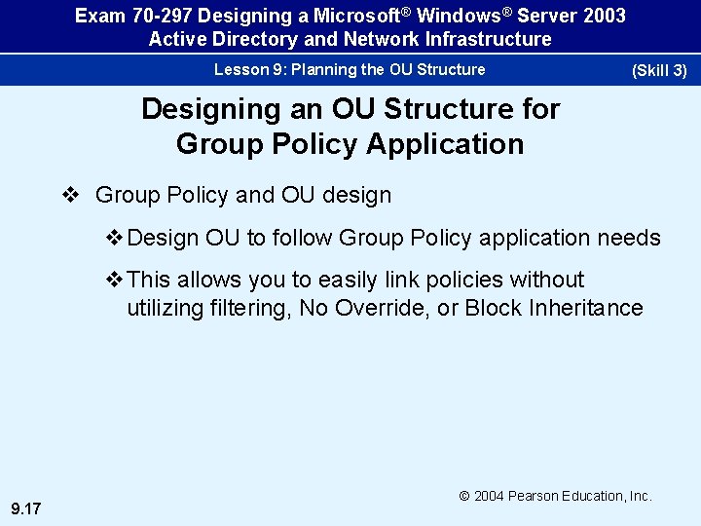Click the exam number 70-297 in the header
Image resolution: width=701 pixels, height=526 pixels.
click(x=158, y=17)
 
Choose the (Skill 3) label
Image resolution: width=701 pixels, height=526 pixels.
click(x=659, y=70)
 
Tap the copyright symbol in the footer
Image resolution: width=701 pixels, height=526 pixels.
click(x=465, y=497)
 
